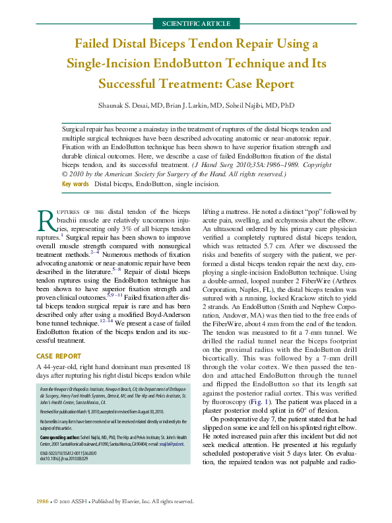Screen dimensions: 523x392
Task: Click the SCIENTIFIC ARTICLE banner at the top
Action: pyautogui.click(x=195, y=24)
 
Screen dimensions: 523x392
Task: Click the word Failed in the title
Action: pyautogui.click(x=96, y=44)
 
